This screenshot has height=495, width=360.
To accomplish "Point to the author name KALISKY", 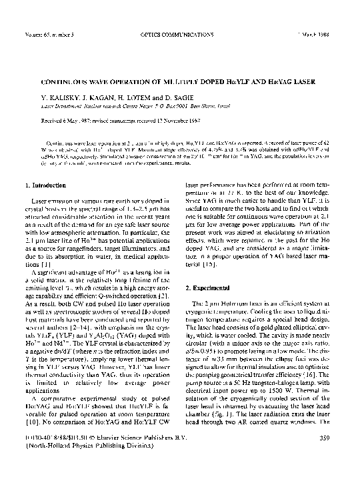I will coord(60,97).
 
